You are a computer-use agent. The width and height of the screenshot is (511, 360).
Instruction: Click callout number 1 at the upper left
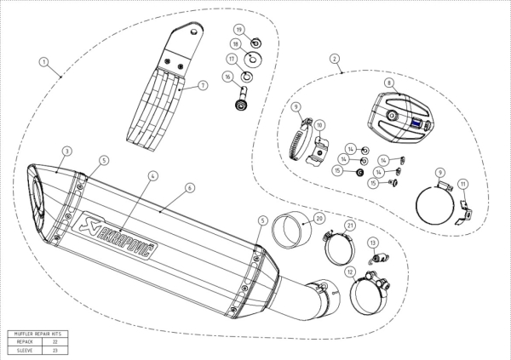pyautogui.click(x=43, y=62)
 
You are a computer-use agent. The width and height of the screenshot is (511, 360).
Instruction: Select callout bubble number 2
pyautogui.click(x=335, y=60)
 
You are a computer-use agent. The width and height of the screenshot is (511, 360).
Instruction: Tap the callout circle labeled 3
pyautogui.click(x=66, y=151)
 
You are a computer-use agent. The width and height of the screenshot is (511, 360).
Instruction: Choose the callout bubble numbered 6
pyautogui.click(x=190, y=187)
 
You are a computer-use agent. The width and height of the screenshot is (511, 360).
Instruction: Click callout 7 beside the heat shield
pyautogui.click(x=204, y=86)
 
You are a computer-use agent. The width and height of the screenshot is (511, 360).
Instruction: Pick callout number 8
pyautogui.click(x=388, y=83)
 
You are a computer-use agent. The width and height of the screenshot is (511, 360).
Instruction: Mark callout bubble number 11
pyautogui.click(x=462, y=183)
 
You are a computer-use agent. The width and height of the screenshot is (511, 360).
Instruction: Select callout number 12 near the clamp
pyautogui.click(x=351, y=273)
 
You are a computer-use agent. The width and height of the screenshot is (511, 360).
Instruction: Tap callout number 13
pyautogui.click(x=372, y=243)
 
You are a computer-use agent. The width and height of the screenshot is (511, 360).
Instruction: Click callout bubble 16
pyautogui.click(x=228, y=77)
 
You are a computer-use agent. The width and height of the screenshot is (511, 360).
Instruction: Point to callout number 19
pyautogui.click(x=239, y=30)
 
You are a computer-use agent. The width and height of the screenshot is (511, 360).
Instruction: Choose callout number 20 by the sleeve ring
pyautogui.click(x=319, y=217)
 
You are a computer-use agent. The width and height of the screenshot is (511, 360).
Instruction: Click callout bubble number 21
pyautogui.click(x=349, y=225)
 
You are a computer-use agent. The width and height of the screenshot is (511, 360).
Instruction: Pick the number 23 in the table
pyautogui.click(x=56, y=350)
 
